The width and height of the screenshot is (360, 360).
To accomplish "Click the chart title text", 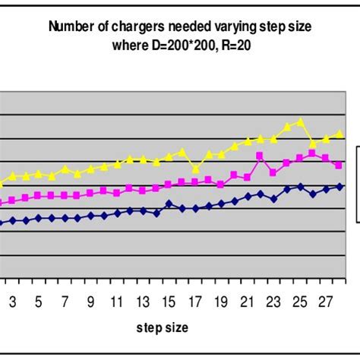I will [180, 35].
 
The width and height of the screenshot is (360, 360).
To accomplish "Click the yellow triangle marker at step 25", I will [301, 122].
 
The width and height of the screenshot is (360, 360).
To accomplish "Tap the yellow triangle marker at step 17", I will [196, 169].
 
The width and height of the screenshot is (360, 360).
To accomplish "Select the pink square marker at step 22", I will [261, 156].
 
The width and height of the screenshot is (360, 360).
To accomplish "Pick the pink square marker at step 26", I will [312, 153].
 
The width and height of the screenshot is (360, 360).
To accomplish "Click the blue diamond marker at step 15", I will [169, 204].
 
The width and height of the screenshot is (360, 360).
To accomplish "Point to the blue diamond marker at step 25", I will [301, 186].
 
